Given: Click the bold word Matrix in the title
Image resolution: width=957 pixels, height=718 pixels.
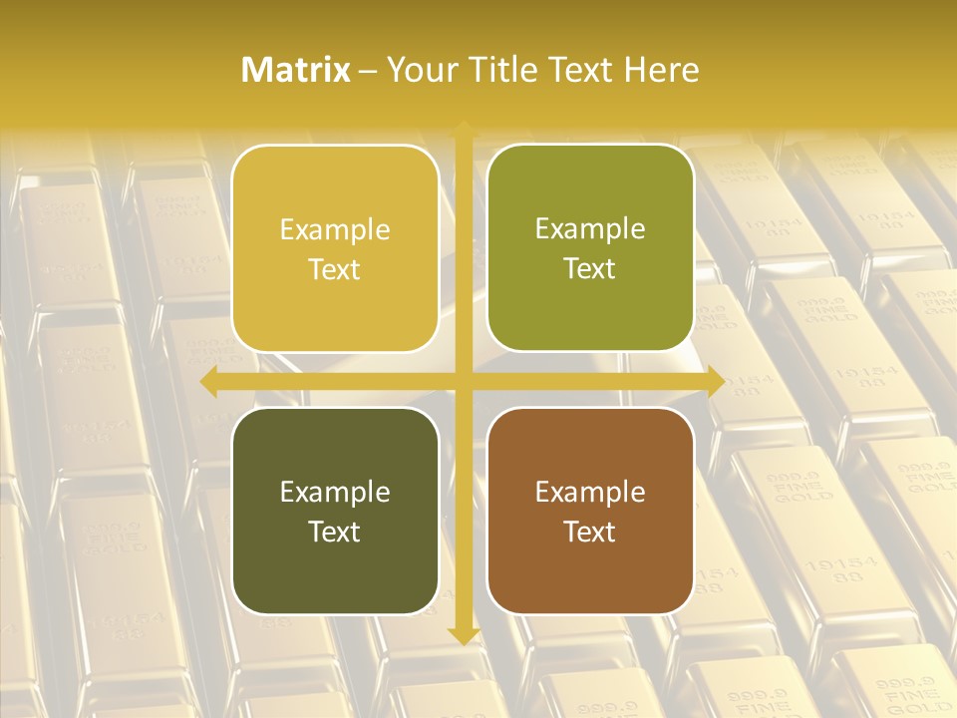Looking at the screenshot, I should click(x=296, y=70).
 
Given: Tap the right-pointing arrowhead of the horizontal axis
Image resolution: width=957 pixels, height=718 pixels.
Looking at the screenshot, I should click(x=715, y=382).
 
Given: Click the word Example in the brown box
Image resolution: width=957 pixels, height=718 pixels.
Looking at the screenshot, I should click(x=590, y=492).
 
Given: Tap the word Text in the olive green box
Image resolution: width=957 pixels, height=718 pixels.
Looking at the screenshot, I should click(x=590, y=268).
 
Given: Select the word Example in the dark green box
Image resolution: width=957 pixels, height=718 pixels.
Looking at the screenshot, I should click(x=335, y=492).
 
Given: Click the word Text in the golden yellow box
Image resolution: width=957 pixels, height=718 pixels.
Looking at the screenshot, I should click(x=335, y=269).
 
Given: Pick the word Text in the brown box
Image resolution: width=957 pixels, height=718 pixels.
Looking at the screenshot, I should click(x=590, y=532).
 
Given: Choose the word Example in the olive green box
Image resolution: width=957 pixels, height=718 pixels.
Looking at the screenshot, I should click(x=590, y=228).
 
